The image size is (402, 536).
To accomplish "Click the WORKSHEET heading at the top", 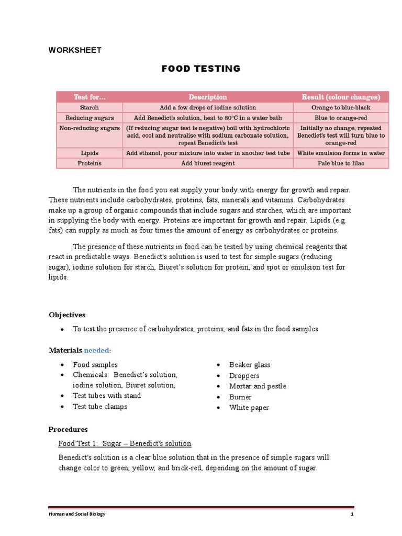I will click(x=75, y=50).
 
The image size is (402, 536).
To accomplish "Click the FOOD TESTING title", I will click(x=201, y=69).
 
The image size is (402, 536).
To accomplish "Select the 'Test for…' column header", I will click(x=89, y=97).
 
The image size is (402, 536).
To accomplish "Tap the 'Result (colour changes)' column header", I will click(x=341, y=97).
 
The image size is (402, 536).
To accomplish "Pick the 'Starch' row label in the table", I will click(x=89, y=107).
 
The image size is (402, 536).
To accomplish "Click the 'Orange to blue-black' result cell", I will click(x=341, y=107).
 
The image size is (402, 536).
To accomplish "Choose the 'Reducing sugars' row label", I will click(x=89, y=118).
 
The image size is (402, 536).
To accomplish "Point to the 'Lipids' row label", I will click(x=89, y=153).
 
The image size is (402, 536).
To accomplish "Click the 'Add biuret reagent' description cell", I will click(x=208, y=163).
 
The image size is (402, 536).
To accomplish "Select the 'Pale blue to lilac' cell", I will click(x=341, y=163).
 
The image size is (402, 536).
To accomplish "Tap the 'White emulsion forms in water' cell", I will click(x=341, y=153).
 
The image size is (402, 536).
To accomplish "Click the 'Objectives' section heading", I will click(x=67, y=315).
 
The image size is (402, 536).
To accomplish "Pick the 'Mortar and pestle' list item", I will click(x=258, y=386).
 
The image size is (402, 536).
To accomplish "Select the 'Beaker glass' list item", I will click(x=250, y=365).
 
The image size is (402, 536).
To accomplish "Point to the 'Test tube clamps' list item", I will click(x=100, y=407).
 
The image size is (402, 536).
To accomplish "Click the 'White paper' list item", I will click(x=249, y=408).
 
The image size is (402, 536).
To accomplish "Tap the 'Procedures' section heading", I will click(x=68, y=429).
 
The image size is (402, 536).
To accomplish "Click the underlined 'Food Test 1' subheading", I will click(x=125, y=444).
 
